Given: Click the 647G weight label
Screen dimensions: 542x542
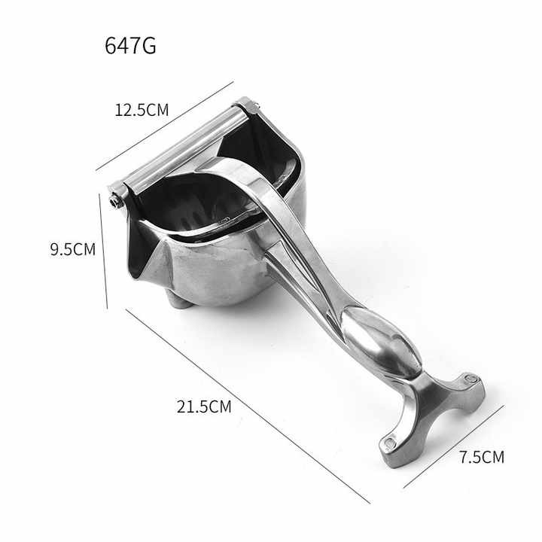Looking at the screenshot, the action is click(x=130, y=45).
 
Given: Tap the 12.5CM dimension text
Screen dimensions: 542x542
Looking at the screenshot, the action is click(x=142, y=110).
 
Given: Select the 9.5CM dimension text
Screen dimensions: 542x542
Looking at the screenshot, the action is click(x=72, y=249).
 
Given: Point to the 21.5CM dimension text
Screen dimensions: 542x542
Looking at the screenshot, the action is click(x=204, y=406).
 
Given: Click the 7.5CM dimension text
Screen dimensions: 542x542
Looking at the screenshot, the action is click(x=482, y=457).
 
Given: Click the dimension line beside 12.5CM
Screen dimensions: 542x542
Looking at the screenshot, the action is click(x=165, y=126).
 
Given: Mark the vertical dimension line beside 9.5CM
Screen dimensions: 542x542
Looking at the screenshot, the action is click(x=103, y=251).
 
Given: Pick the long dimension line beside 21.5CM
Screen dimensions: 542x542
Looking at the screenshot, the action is click(x=248, y=406).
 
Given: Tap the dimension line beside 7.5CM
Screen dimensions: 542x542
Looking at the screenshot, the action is click(x=454, y=447).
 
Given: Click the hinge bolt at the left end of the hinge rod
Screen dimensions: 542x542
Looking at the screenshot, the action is click(x=114, y=202).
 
